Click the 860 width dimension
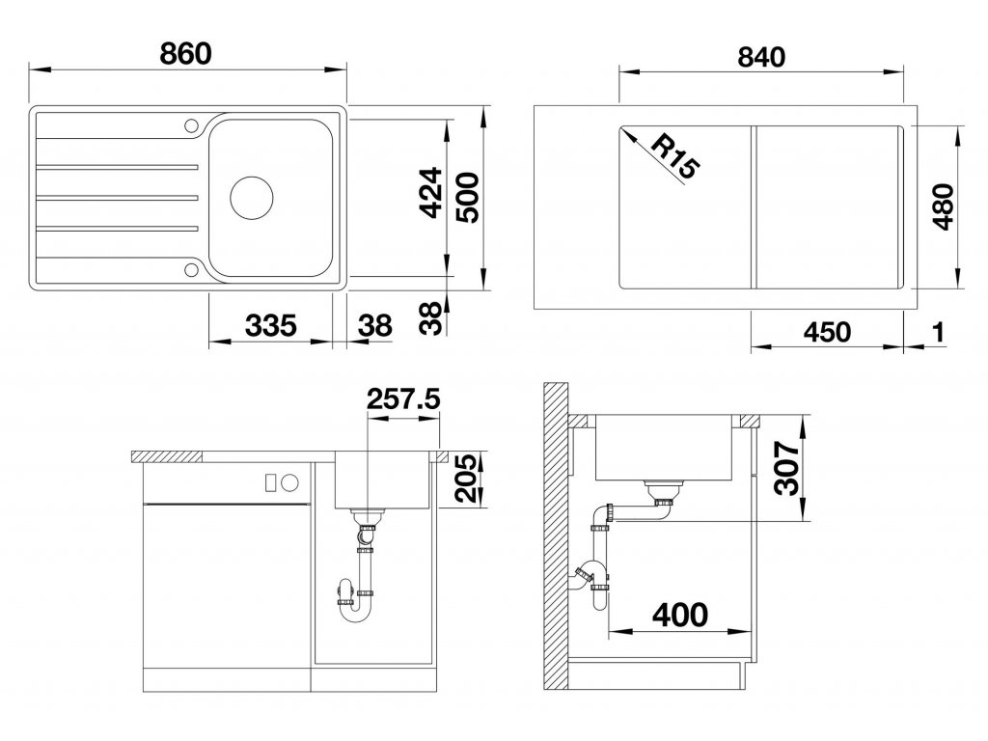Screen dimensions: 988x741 (185, 54)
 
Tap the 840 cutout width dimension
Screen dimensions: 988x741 (761, 57)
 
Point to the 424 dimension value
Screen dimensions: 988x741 (431, 193)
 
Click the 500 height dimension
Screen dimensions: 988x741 (468, 198)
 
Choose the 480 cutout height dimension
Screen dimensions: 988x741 (943, 206)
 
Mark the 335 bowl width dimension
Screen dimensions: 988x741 (270, 326)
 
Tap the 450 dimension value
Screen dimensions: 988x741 (827, 332)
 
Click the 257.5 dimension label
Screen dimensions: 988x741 (403, 398)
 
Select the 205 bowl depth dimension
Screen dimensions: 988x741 (467, 479)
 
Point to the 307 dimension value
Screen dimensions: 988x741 (787, 468)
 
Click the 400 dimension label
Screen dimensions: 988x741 (680, 615)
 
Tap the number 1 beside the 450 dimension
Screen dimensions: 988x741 (938, 332)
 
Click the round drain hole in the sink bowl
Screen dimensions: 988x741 (252, 198)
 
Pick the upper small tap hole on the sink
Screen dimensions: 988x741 (191, 124)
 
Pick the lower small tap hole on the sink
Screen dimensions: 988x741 (191, 270)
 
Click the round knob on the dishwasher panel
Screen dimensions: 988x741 (289, 482)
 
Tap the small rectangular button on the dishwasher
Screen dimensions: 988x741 (271, 482)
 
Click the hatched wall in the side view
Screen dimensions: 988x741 (556, 535)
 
